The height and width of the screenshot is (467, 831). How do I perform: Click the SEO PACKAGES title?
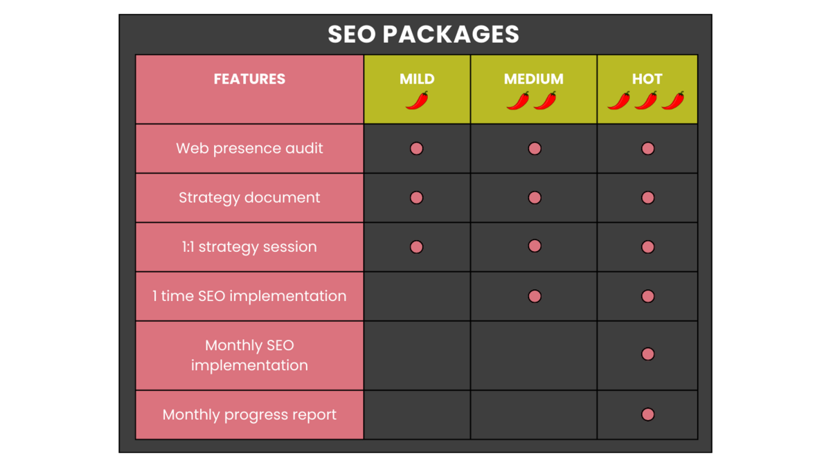[423, 34]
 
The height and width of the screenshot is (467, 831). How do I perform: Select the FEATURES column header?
[249, 79]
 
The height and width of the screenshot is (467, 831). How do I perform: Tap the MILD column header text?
[417, 79]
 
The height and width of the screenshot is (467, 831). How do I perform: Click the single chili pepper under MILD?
[417, 100]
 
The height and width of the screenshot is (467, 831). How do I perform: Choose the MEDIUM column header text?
[533, 79]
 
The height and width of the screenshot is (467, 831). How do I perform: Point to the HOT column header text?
[647, 79]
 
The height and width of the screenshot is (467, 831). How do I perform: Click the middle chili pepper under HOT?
[646, 100]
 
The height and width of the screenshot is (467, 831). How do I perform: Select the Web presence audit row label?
[249, 148]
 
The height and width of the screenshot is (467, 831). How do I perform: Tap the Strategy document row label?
[249, 198]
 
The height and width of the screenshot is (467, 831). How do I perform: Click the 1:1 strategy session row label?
[249, 247]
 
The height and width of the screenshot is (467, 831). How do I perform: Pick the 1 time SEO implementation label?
[249, 296]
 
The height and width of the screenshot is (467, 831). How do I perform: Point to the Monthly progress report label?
[249, 414]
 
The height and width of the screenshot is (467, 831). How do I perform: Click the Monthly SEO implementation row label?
[249, 356]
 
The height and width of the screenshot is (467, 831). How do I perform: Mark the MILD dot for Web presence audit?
[416, 149]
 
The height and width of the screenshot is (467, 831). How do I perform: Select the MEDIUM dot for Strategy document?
[535, 198]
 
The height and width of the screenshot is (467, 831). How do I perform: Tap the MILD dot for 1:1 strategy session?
[416, 247]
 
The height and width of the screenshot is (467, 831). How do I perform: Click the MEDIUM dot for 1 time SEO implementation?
[535, 296]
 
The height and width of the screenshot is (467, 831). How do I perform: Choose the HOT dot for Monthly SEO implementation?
[647, 354]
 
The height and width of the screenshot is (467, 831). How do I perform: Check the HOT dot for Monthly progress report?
[647, 414]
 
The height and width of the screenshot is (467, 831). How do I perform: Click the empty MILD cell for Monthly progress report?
[417, 414]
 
